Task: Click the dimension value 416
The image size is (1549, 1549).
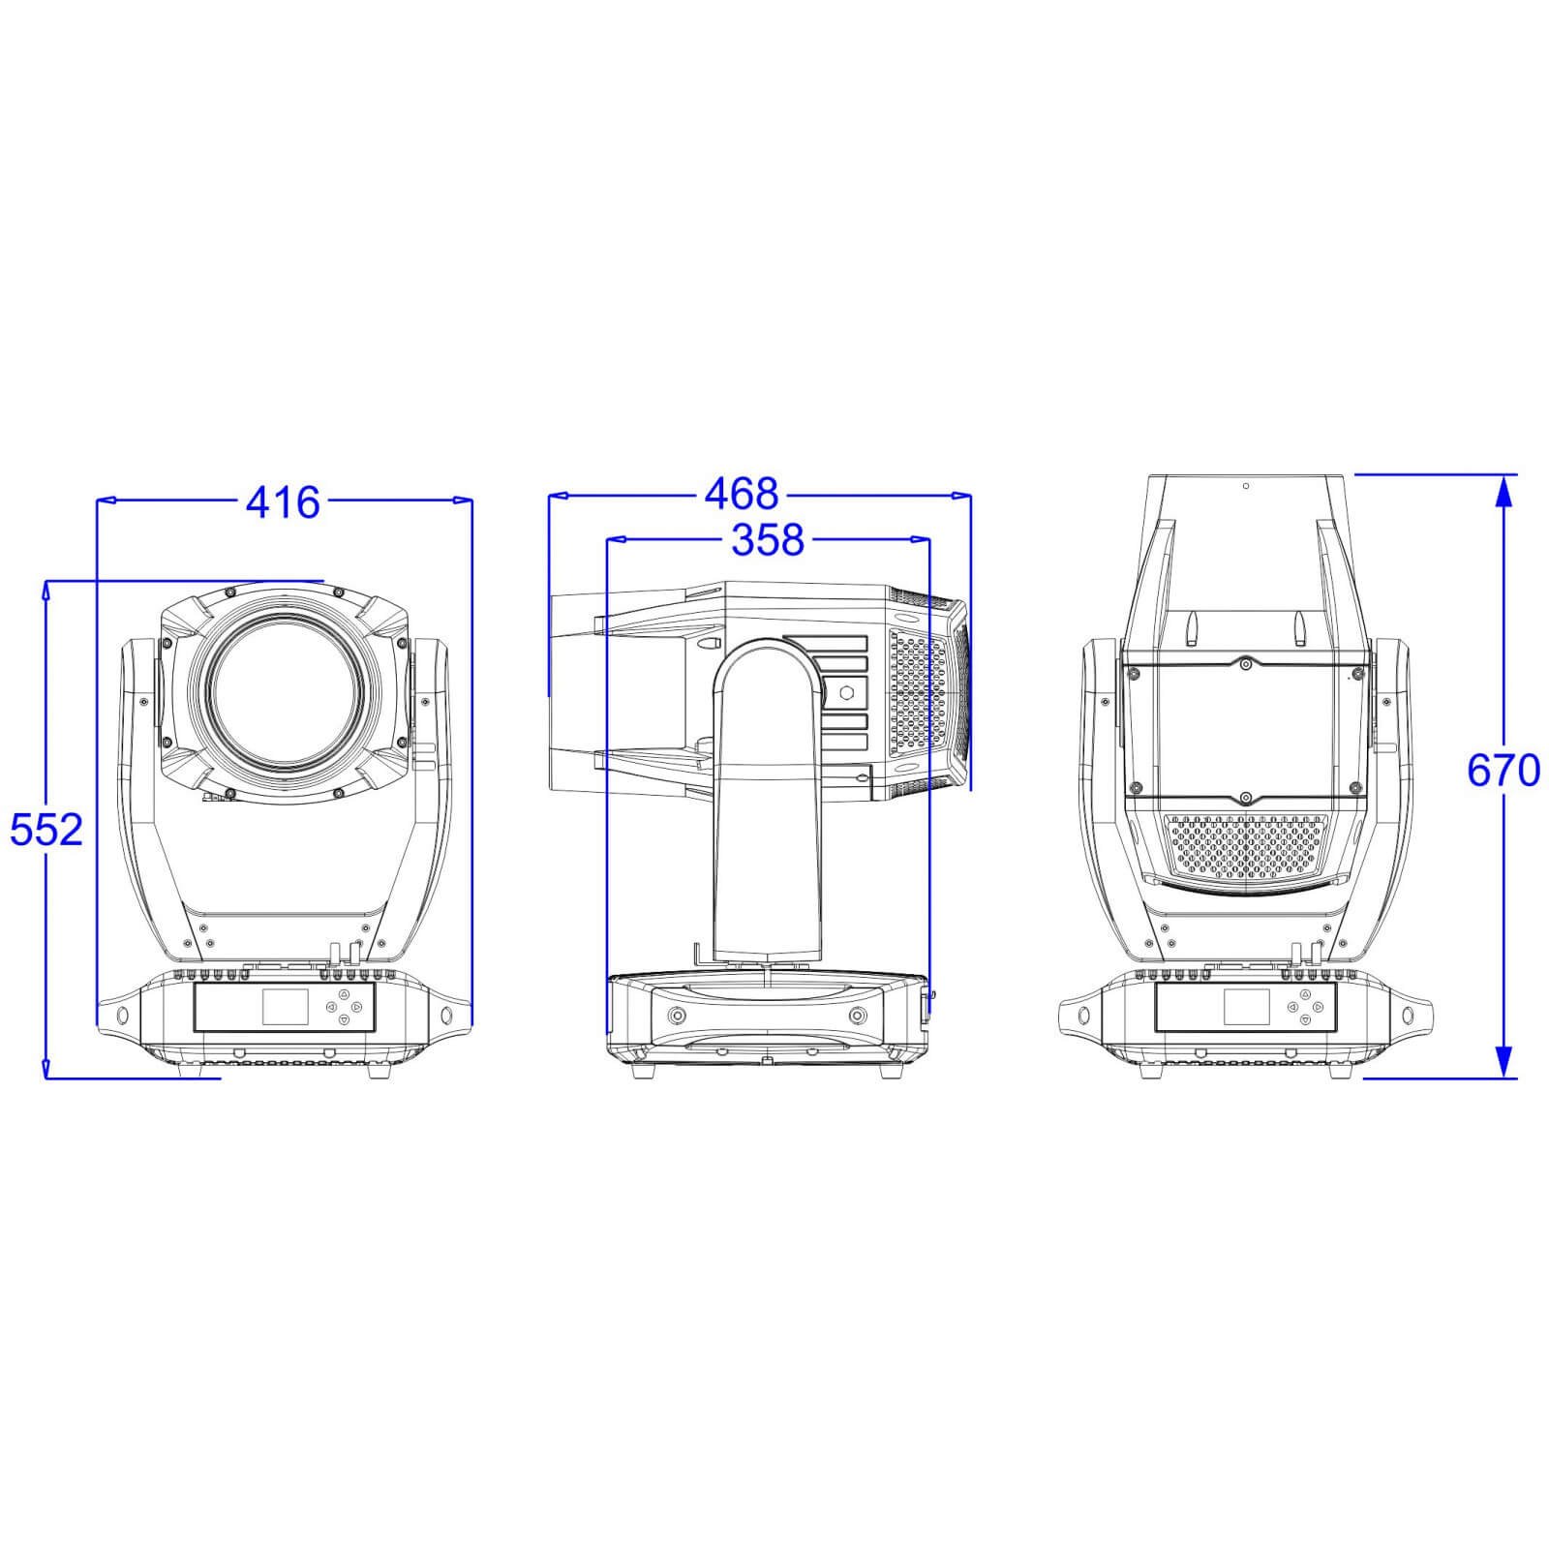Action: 282,502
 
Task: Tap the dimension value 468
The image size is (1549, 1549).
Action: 741,494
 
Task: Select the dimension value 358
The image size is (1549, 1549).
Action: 767,540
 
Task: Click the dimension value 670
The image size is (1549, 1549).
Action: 1503,772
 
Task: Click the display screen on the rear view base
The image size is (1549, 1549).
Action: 1246,1007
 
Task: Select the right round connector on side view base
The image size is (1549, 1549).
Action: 857,1016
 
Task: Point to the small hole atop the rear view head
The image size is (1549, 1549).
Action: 1246,486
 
